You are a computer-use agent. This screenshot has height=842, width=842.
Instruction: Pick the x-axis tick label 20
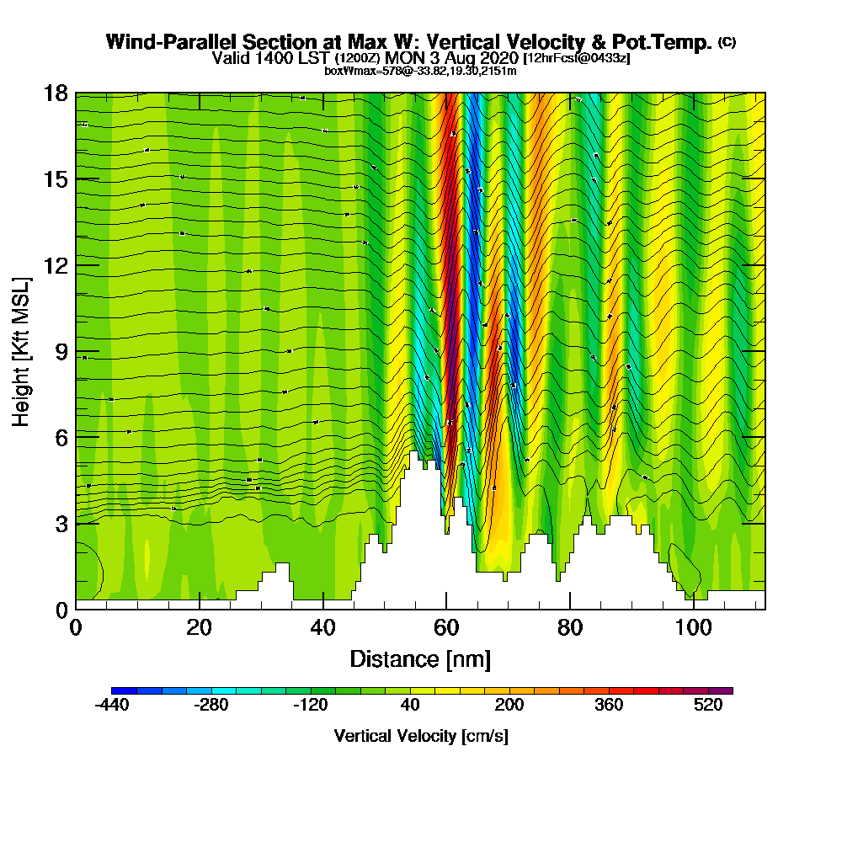pos(200,628)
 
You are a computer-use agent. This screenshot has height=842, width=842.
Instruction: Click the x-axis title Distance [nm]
pos(420,658)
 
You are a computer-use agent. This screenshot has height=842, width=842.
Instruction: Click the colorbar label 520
pos(708,706)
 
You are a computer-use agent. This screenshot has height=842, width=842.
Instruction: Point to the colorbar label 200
pos(509,706)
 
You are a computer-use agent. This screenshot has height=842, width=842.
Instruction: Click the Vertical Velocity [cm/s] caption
pos(420,736)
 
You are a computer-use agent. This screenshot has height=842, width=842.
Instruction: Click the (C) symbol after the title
pos(727,42)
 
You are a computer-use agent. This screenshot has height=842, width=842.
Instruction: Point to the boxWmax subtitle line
pos(420,71)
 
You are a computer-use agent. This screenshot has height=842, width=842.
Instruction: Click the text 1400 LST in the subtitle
pos(288,58)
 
